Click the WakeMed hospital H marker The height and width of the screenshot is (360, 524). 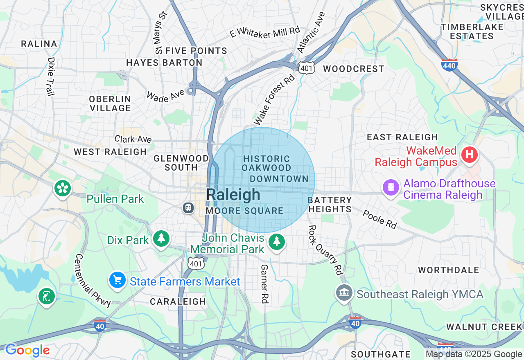[470, 155]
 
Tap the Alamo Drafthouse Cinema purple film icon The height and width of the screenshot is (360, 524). [391, 187]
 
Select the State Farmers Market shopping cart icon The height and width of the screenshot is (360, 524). [117, 280]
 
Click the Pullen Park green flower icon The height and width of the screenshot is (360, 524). [62, 188]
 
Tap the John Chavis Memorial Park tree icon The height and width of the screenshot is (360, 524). [277, 241]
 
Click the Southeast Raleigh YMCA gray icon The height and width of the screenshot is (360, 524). [344, 293]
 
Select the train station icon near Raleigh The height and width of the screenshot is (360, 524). [188, 207]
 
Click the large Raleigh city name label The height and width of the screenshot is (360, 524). [233, 195]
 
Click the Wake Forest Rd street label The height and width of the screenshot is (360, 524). [274, 99]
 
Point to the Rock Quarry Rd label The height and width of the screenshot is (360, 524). [325, 250]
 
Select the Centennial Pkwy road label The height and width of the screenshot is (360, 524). [93, 280]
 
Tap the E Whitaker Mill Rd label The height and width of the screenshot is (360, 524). [265, 32]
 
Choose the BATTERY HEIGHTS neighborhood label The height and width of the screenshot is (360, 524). [330, 205]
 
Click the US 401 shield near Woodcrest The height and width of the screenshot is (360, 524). [307, 68]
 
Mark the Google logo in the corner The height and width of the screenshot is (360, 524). [27, 350]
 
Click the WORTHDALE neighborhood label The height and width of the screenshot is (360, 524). [448, 270]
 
